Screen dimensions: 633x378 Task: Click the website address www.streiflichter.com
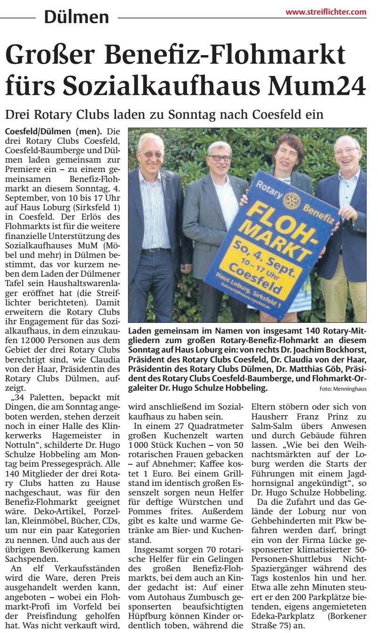point(326,12)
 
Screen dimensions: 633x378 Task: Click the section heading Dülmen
point(76,17)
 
